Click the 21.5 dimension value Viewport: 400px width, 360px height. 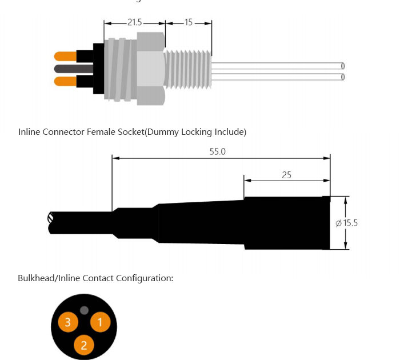point(134,23)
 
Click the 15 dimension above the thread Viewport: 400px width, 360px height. point(189,23)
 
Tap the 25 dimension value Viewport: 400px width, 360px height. point(286,175)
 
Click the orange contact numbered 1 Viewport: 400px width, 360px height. point(99,322)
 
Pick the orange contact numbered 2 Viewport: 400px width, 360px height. point(84,345)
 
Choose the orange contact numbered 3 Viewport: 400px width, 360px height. point(67,322)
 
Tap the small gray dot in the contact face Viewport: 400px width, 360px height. point(84,310)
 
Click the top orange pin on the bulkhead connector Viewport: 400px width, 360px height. point(65,56)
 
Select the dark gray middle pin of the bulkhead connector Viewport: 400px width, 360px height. point(65,69)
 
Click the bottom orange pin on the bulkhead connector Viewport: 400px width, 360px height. point(65,81)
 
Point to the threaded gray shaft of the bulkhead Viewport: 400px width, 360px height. point(187,69)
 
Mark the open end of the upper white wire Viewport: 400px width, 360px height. point(343,66)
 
